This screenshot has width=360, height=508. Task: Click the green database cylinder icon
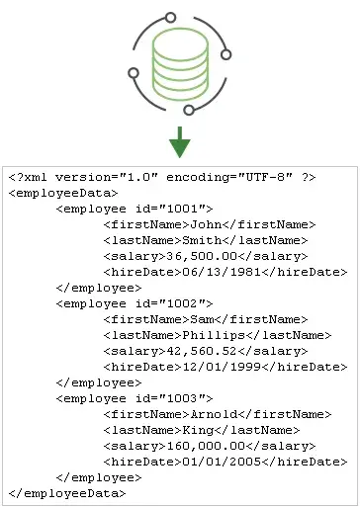point(179,62)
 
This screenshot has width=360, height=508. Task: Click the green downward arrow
point(179,143)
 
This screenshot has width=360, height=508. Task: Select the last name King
point(198,429)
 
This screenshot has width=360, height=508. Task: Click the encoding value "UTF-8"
point(259,178)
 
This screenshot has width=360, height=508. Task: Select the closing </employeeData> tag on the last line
point(67,491)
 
